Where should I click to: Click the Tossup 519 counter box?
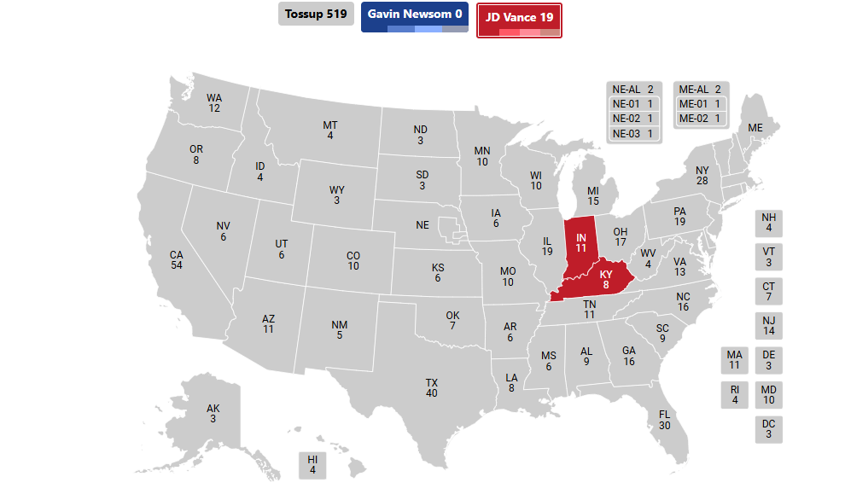tap(315, 15)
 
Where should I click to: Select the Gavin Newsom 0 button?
tap(415, 15)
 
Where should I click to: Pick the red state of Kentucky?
tap(605, 280)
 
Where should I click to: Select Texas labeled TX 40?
tap(431, 388)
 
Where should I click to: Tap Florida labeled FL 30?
tap(664, 420)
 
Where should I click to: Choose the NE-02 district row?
tap(634, 119)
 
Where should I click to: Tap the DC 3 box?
tap(768, 429)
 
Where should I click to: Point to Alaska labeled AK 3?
tap(213, 413)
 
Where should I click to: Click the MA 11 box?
tap(734, 360)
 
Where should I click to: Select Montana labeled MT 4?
tap(329, 131)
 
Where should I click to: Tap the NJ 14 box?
tap(768, 325)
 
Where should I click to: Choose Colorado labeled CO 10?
tap(353, 260)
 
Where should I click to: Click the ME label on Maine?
tap(755, 128)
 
